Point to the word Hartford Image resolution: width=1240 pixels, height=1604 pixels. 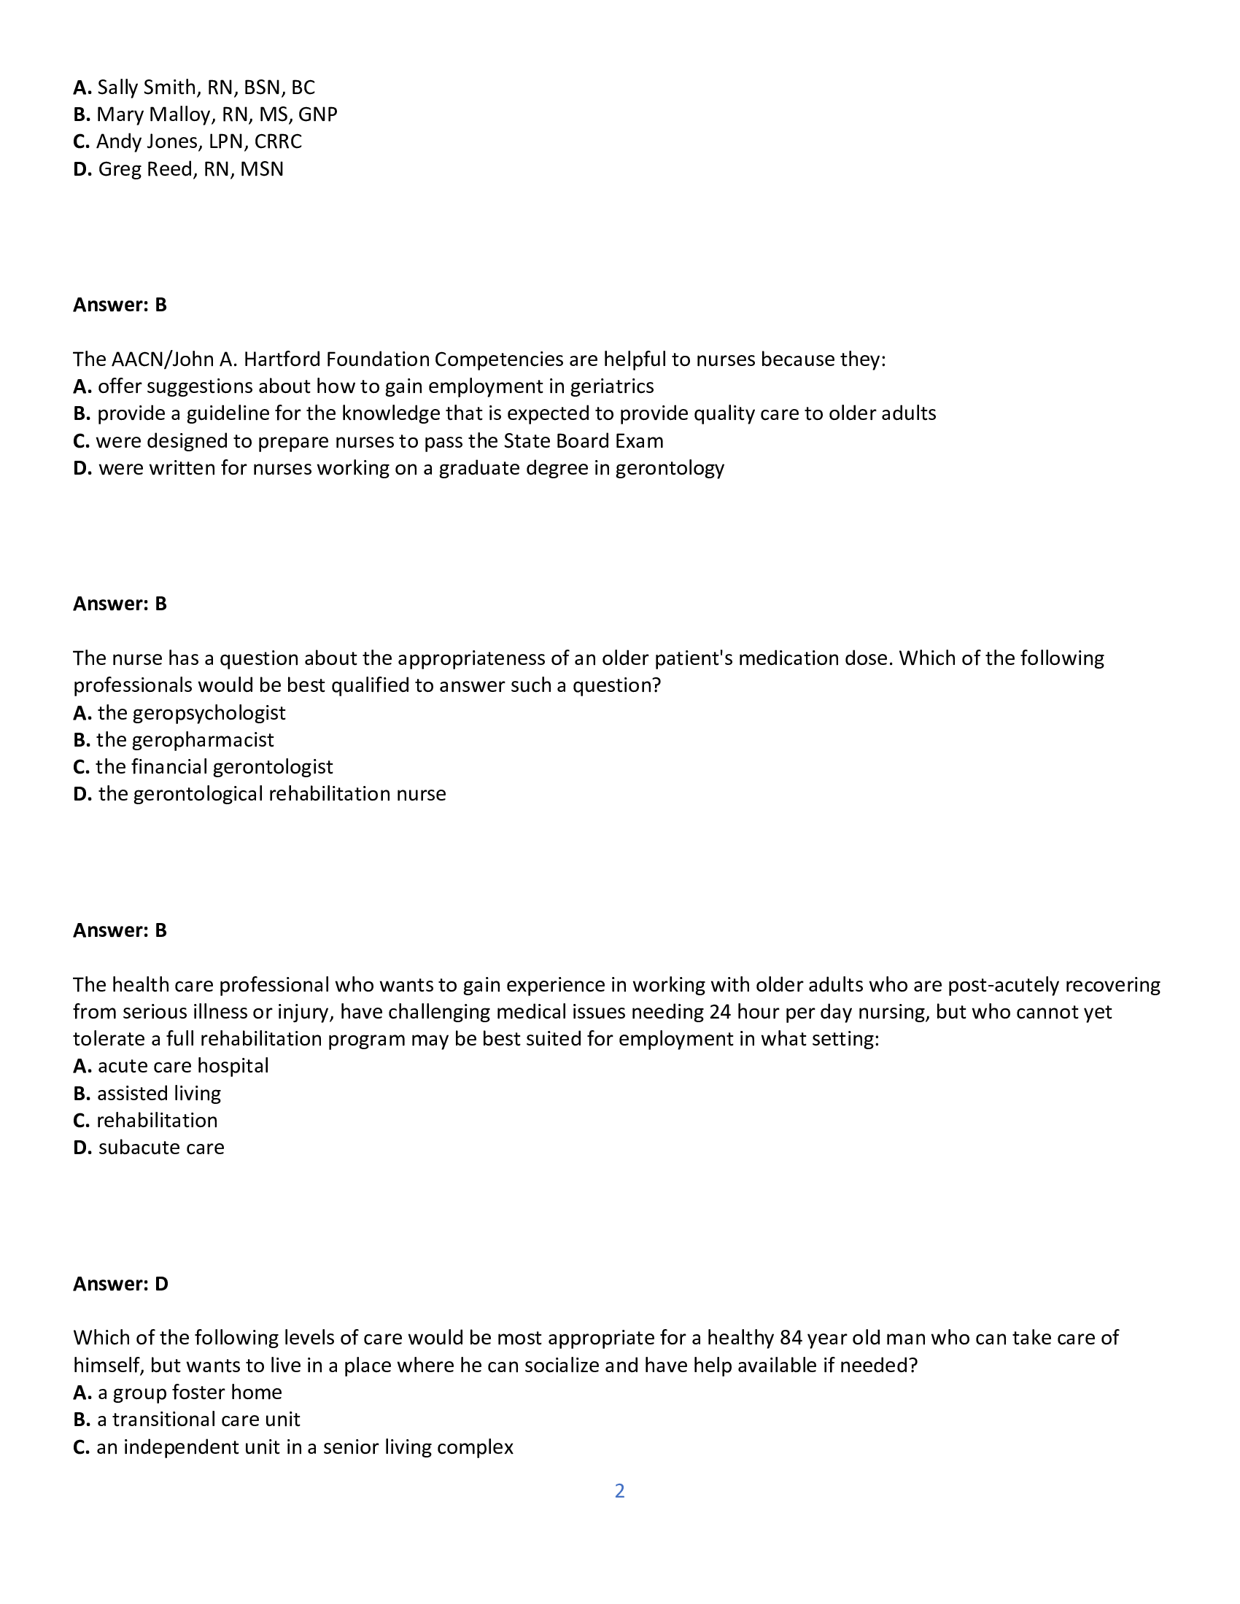(x=282, y=359)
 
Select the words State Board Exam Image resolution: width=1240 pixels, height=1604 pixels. (x=583, y=440)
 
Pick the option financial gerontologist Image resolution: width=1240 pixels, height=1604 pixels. (x=214, y=767)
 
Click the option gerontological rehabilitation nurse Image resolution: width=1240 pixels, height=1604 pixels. (x=272, y=794)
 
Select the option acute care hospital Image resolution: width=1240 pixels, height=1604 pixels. (x=183, y=1066)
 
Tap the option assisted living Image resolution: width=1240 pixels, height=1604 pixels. (x=159, y=1094)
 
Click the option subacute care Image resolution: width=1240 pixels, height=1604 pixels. (x=161, y=1147)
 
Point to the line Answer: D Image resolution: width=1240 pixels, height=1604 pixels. (x=120, y=1284)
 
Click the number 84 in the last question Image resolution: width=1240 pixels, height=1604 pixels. (x=791, y=1338)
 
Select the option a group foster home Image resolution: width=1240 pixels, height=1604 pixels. (x=190, y=1393)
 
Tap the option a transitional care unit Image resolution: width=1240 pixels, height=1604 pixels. (x=198, y=1420)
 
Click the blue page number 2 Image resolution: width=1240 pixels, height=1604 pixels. (x=619, y=1491)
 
